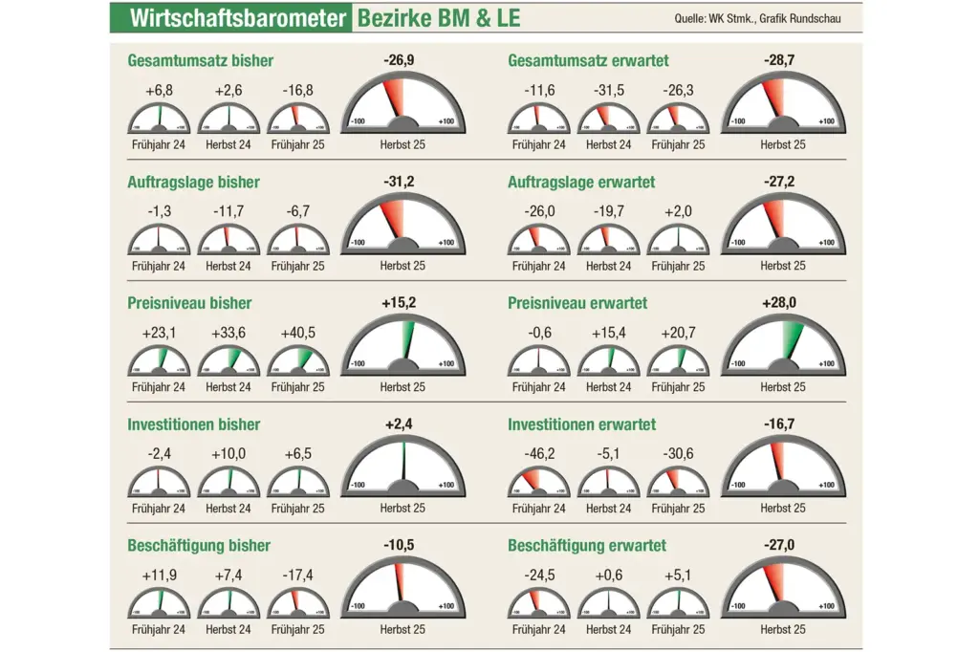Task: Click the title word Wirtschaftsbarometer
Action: [236, 18]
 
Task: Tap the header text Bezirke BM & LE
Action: [439, 18]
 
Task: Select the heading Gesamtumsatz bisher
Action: [201, 61]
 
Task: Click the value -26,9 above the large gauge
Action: [402, 60]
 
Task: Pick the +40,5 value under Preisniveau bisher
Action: [298, 334]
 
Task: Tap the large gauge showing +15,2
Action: [402, 349]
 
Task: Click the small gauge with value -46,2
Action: [538, 482]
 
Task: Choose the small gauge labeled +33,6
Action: [229, 360]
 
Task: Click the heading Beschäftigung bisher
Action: [199, 546]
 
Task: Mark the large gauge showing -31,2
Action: [402, 228]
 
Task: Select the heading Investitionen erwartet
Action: [581, 424]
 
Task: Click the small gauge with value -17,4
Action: [297, 603]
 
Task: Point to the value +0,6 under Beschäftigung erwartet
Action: [609, 576]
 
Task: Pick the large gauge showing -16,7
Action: [783, 470]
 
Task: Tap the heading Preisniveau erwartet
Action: [577, 303]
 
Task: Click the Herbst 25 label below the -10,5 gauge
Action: [402, 630]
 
